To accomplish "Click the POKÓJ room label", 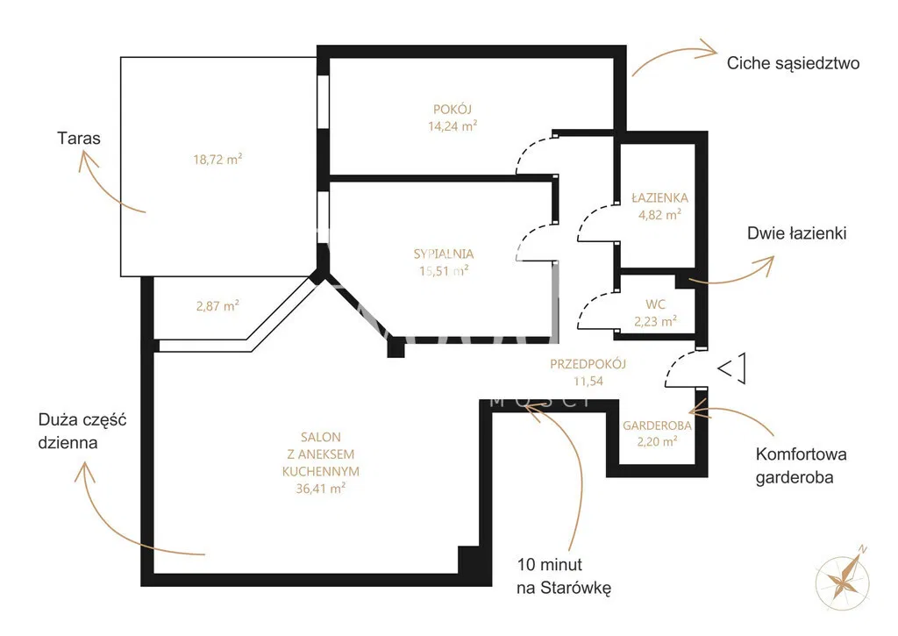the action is (x=452, y=109).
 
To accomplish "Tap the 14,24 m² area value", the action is (x=453, y=125).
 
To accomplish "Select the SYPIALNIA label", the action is (x=443, y=254).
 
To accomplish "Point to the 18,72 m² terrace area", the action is (x=217, y=159).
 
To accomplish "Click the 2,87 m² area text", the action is (x=217, y=305).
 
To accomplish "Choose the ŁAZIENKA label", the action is (x=659, y=197).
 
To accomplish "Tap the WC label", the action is (x=655, y=304).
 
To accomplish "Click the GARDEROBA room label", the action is (x=657, y=425).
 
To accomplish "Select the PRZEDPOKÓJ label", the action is (x=588, y=363).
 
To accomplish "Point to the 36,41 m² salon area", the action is (x=320, y=488).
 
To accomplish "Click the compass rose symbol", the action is (x=842, y=579).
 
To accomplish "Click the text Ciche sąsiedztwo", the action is (x=793, y=63).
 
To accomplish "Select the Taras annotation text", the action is (x=79, y=138).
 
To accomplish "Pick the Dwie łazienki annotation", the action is (x=796, y=233).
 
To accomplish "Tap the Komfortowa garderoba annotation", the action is (x=801, y=466).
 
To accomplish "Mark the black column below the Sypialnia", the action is (x=396, y=347).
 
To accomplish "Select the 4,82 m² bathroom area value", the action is (x=659, y=214).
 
